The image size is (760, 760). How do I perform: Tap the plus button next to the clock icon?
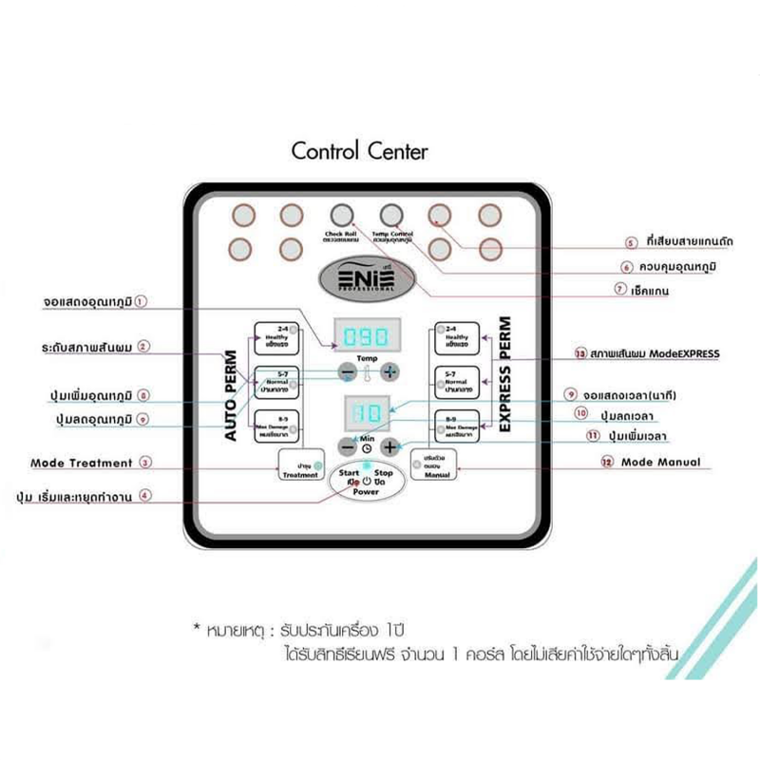click(389, 446)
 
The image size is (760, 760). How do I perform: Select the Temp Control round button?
click(391, 214)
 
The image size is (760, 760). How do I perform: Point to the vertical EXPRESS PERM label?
click(504, 374)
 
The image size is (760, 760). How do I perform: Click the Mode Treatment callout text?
click(82, 464)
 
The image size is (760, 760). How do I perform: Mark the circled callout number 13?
click(579, 353)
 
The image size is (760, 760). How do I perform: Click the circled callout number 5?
click(631, 242)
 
